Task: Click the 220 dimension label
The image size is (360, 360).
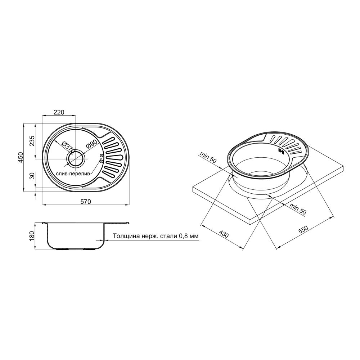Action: [59, 112]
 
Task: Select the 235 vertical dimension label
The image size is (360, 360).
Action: [32, 141]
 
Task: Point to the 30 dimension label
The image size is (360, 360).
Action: [32, 176]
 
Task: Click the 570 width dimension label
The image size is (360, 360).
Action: [85, 201]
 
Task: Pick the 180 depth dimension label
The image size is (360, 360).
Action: [32, 236]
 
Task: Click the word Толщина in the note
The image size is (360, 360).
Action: [125, 236]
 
